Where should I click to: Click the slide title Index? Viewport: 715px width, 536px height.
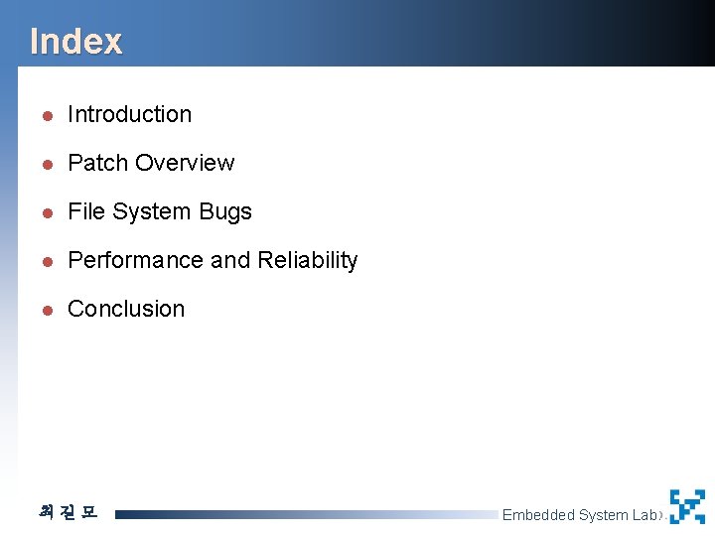[x=75, y=42]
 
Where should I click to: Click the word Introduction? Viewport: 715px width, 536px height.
[x=129, y=114]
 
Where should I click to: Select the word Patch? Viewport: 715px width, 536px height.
[x=97, y=163]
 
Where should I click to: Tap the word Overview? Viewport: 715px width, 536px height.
[x=185, y=163]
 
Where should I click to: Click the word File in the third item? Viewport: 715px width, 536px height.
[x=85, y=211]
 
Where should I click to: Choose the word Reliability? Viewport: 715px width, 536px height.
[x=307, y=260]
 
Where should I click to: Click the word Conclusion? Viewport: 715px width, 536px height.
[x=126, y=309]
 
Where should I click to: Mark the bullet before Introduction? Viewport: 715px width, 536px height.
[x=46, y=115]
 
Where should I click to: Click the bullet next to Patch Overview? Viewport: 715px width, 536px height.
[x=46, y=164]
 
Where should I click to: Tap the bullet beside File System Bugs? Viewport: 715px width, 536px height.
[x=46, y=212]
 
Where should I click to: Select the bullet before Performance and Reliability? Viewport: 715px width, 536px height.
[x=46, y=261]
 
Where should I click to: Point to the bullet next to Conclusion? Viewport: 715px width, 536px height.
[x=46, y=310]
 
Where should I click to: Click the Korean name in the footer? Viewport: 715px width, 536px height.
[x=68, y=512]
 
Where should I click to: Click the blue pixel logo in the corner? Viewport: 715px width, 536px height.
[x=686, y=506]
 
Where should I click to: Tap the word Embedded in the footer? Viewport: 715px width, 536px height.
[x=538, y=515]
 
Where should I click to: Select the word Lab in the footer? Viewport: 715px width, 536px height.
[x=644, y=515]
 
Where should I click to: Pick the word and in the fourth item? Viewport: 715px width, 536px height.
[x=230, y=260]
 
